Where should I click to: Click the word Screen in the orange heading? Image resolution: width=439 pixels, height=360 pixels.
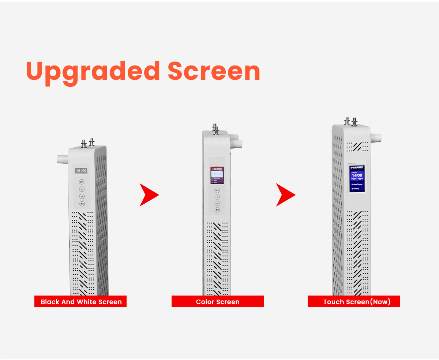(x=214, y=71)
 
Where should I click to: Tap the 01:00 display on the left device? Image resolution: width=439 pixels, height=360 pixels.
(x=81, y=171)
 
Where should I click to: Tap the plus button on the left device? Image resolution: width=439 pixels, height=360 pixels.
(x=82, y=189)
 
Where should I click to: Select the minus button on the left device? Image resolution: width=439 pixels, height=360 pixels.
(x=82, y=196)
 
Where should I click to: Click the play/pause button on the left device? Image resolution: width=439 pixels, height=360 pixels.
(x=82, y=204)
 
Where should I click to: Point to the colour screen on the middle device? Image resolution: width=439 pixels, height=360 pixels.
(x=217, y=175)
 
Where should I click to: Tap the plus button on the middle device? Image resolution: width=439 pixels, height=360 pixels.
(x=217, y=197)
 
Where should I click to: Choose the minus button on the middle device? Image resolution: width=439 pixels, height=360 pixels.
(x=217, y=203)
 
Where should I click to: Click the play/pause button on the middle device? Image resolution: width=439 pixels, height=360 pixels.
(x=217, y=209)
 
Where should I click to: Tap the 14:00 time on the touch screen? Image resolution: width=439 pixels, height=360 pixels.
(x=357, y=176)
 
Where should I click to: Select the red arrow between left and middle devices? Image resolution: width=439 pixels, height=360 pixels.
(x=149, y=195)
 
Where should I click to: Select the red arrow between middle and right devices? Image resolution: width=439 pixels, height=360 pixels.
(x=285, y=195)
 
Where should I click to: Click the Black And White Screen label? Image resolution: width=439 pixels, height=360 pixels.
(x=81, y=302)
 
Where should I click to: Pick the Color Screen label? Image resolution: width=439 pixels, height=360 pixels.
(x=218, y=302)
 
